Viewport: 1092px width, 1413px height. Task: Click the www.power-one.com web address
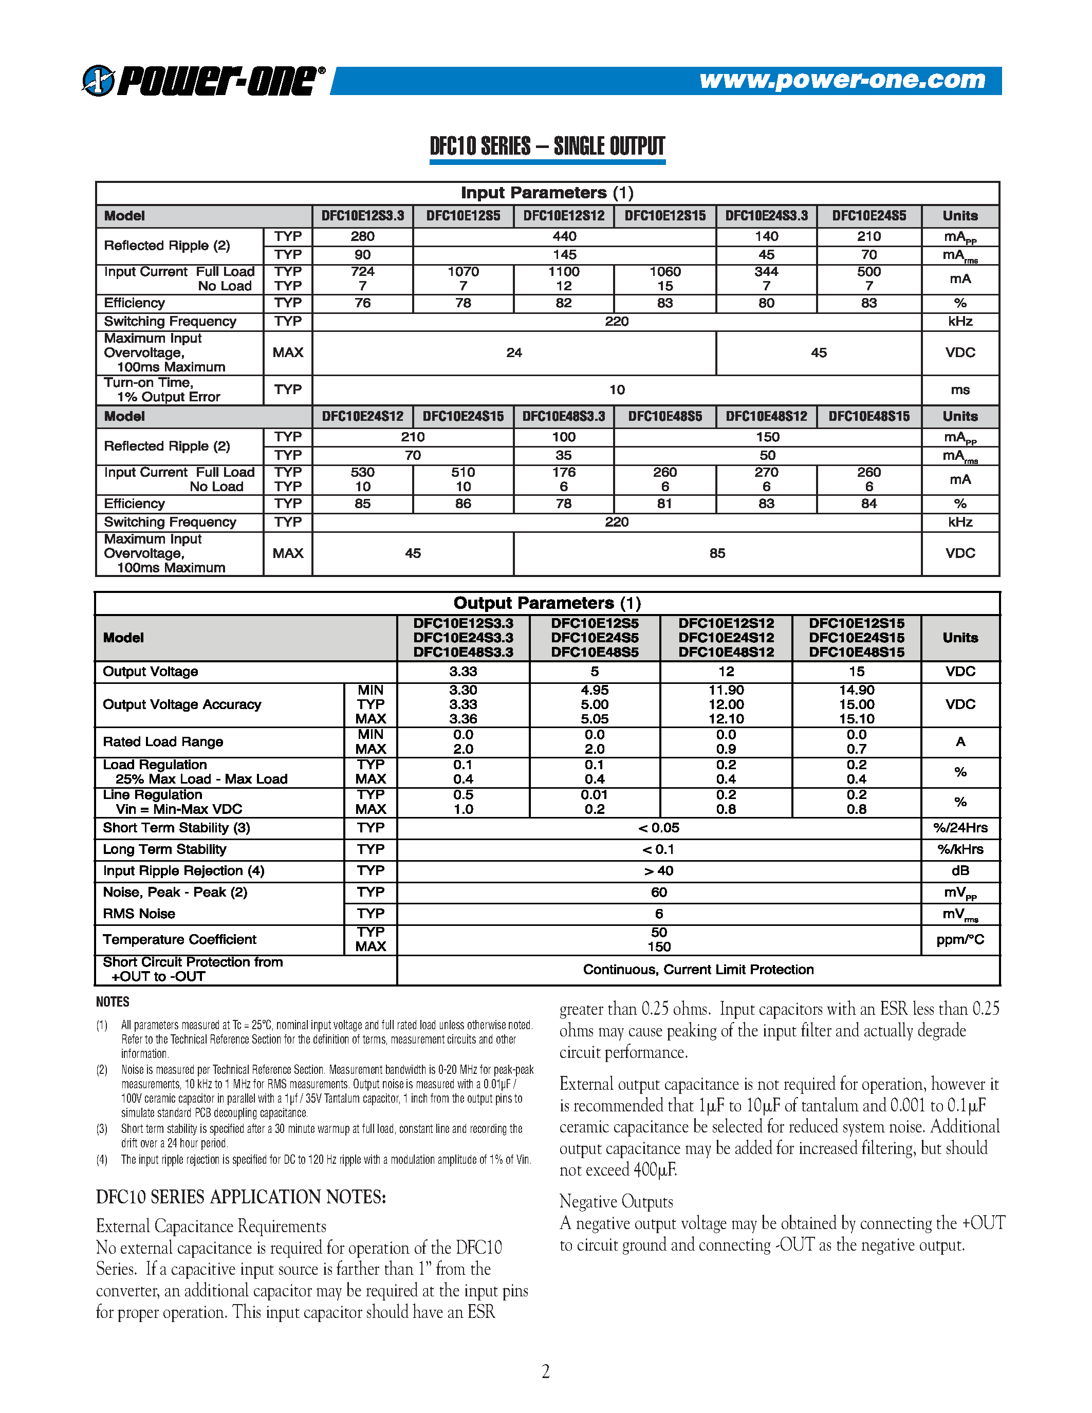842,80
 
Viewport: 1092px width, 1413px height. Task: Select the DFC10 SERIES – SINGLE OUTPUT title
547,146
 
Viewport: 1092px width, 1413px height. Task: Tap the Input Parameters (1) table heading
547,193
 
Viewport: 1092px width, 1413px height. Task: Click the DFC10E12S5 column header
462,216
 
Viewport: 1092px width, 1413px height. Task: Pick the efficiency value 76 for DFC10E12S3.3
362,303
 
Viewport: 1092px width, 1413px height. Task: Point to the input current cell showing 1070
462,272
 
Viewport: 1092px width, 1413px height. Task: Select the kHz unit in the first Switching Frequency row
960,322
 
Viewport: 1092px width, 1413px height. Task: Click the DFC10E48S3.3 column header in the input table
563,417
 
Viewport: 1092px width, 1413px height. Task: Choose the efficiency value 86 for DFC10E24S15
462,504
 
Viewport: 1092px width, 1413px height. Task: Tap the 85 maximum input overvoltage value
717,553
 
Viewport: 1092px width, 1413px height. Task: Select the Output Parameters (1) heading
547,603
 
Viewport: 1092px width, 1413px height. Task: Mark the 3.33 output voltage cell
462,672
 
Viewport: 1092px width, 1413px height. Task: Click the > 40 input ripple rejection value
659,871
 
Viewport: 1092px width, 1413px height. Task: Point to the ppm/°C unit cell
960,939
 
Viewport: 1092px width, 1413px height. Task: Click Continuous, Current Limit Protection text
697,969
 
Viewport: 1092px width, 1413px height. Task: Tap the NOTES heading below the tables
113,1001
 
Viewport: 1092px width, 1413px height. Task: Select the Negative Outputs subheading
616,1201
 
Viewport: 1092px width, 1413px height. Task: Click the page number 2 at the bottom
545,1371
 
